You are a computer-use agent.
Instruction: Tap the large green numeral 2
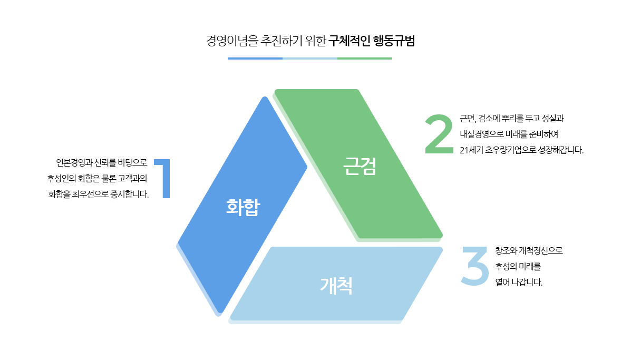tap(439, 133)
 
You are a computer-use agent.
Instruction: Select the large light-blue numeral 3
tap(476, 266)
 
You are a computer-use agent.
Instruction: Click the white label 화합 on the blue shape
tap(243, 207)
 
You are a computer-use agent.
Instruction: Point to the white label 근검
tap(359, 166)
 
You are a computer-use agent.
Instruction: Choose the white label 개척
tap(336, 286)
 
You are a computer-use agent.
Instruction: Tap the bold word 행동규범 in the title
tap(394, 41)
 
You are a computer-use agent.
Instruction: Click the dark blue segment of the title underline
tap(255, 59)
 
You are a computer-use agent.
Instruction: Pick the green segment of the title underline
tap(365, 59)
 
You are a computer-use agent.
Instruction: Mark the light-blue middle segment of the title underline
tap(310, 59)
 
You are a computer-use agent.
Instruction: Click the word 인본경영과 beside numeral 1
tap(74, 163)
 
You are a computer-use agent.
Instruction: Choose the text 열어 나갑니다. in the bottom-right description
tap(519, 283)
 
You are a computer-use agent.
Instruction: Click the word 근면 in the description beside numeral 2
tap(468, 119)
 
